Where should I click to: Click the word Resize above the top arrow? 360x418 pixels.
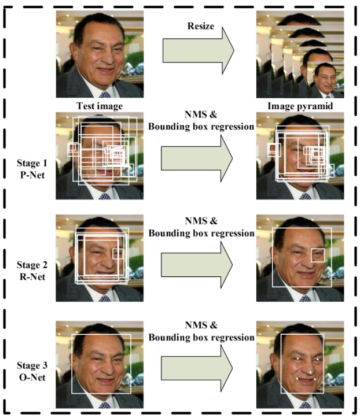201,26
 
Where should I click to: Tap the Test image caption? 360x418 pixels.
100,106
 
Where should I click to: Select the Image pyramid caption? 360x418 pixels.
300,106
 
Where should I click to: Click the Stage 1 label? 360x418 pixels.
32,163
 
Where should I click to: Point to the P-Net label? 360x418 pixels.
32,175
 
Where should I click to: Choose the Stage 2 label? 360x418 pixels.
32,265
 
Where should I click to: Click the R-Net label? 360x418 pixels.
32,277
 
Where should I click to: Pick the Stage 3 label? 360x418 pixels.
32,365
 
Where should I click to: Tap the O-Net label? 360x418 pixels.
32,377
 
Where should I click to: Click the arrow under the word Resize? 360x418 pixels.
199,51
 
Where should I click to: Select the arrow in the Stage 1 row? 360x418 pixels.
197,158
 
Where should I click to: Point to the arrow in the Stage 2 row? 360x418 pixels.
197,265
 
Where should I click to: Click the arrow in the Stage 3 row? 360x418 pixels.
197,368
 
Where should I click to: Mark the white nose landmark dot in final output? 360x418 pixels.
310,373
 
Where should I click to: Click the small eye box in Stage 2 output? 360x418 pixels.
318,256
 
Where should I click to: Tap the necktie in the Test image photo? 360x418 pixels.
105,94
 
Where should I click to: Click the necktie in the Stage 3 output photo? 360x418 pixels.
305,405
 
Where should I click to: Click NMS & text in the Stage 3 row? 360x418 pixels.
201,325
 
